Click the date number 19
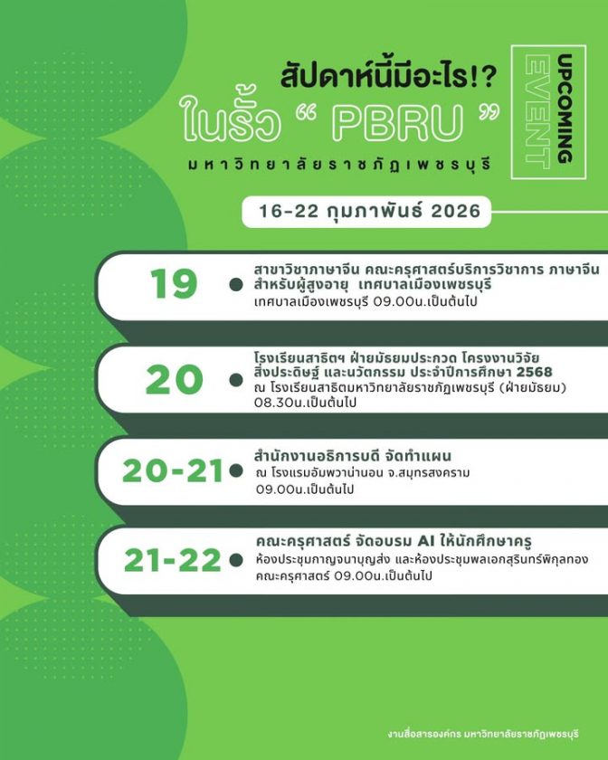point(175,285)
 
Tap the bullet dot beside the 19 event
point(236,284)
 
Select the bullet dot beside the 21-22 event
point(236,561)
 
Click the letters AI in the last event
point(415,541)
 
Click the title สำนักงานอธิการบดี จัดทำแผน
point(353,454)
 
